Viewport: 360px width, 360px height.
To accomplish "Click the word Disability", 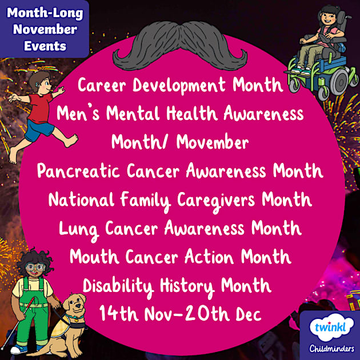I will [x=118, y=285].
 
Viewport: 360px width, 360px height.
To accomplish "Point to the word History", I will [x=195, y=285].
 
